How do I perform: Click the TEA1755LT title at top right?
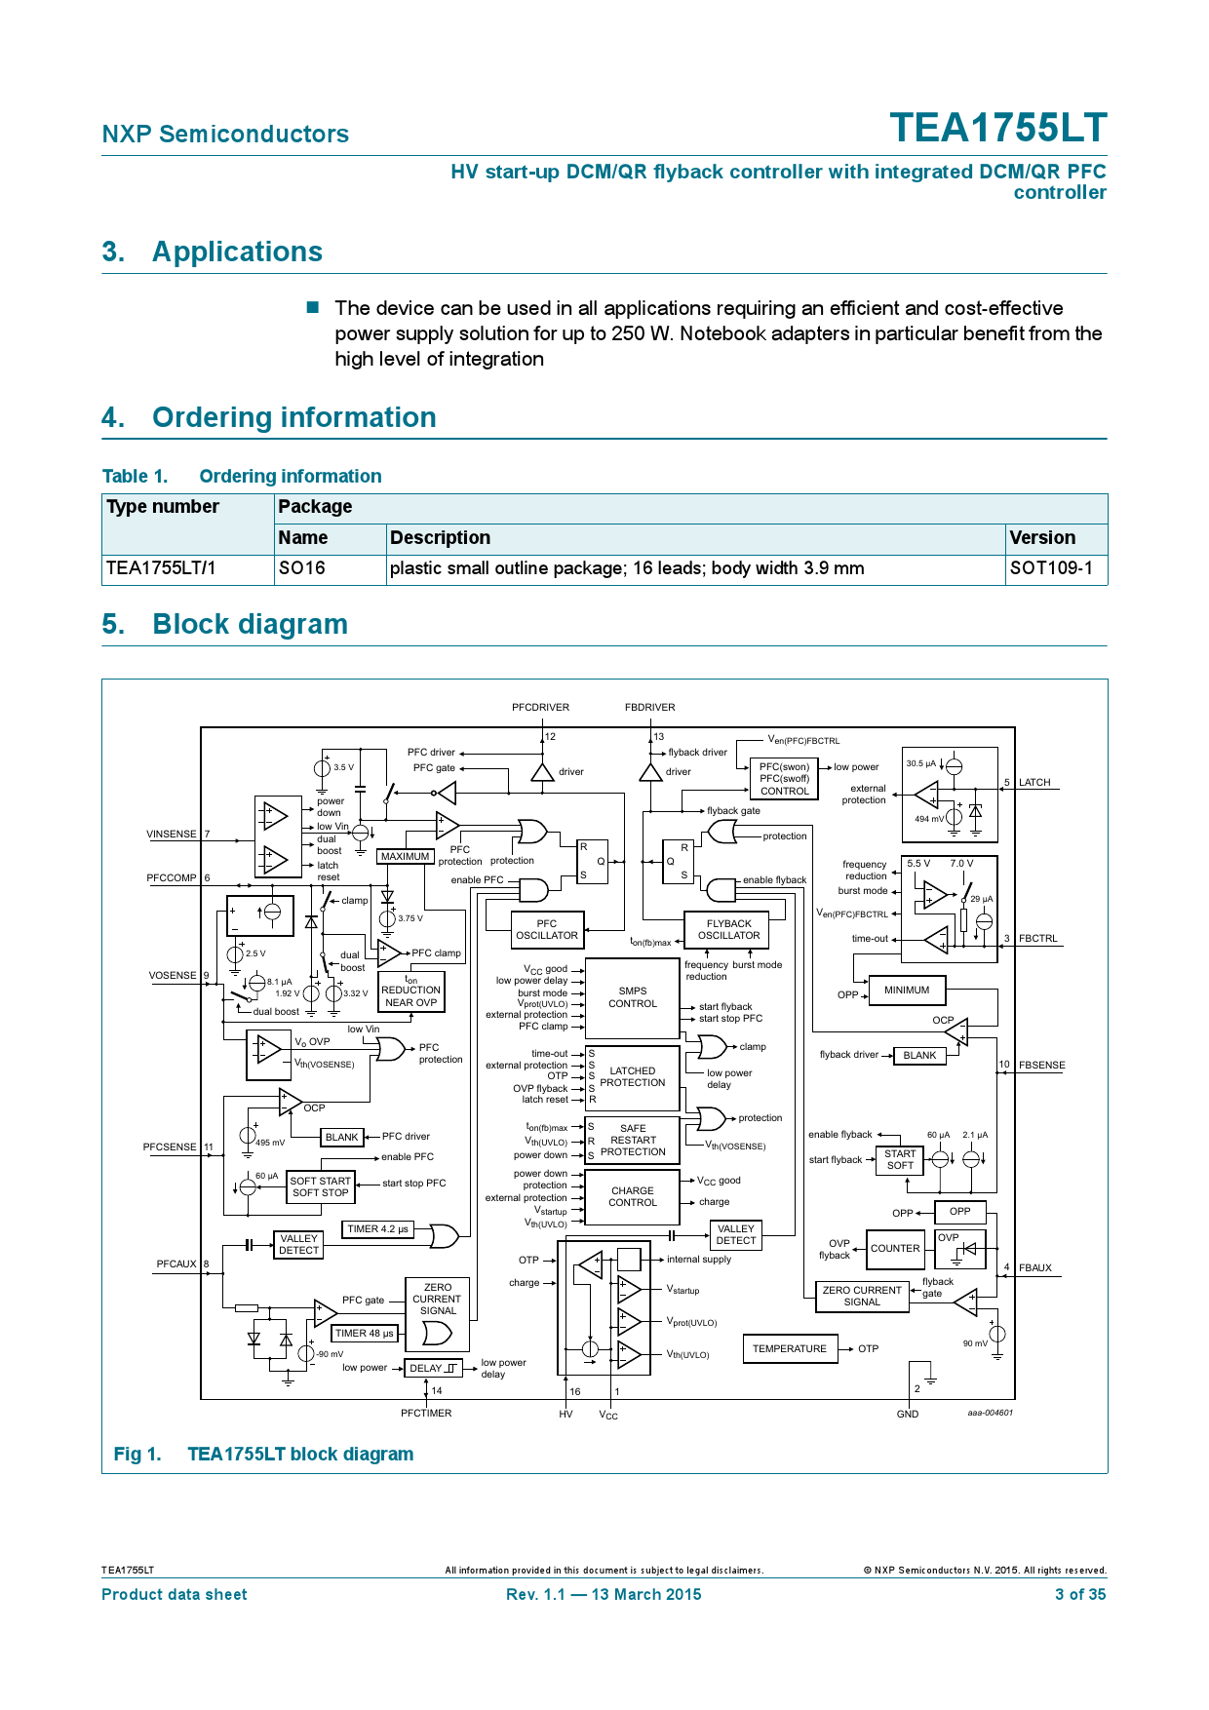coord(997,129)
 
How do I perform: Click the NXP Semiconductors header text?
coord(225,135)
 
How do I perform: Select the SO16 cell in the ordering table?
coord(301,568)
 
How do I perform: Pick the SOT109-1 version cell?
coord(1051,568)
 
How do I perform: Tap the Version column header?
coord(1042,538)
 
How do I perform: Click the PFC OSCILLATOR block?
coord(547,930)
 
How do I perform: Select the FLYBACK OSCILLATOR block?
coord(728,930)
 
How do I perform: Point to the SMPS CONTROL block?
coord(632,997)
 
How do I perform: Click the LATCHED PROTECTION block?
coord(632,1077)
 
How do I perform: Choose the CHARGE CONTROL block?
coord(632,1197)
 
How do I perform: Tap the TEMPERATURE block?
coord(789,1349)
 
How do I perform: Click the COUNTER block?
coord(895,1249)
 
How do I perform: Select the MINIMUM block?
coord(907,991)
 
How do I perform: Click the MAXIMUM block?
coord(405,857)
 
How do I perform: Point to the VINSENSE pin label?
coord(172,835)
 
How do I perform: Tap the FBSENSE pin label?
coord(1041,1066)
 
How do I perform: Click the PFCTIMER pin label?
coord(426,1414)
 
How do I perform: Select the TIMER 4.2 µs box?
coord(378,1229)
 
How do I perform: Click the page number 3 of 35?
coord(1079,1595)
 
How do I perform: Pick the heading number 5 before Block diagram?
coord(112,625)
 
